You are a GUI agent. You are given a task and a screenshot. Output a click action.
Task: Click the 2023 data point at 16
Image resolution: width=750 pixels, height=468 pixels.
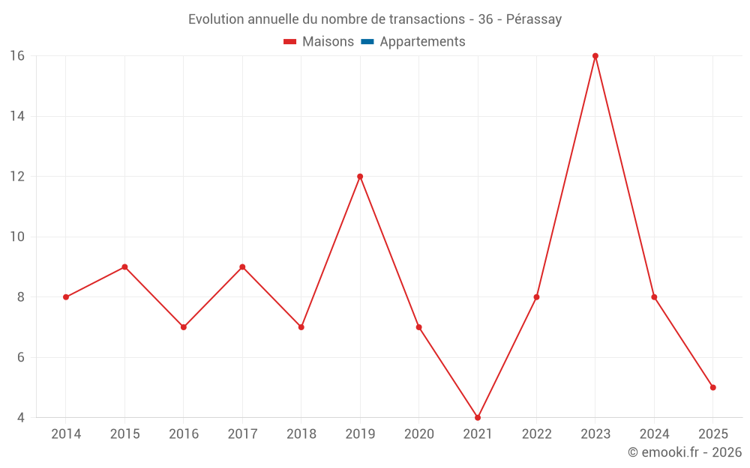(595, 56)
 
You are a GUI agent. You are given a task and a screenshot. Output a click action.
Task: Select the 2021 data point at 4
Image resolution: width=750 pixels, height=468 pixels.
(478, 417)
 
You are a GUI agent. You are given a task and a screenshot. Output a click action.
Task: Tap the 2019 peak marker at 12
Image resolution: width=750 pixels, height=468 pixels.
(360, 177)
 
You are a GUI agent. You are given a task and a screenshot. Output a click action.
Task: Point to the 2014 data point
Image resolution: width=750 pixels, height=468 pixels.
(66, 297)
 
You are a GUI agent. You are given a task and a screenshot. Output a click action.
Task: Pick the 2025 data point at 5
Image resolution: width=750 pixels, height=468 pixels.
(713, 387)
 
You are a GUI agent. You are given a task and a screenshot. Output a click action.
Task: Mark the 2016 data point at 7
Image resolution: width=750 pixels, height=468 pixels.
(184, 327)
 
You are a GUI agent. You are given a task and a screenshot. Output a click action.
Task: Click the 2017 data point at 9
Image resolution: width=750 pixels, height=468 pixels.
(242, 267)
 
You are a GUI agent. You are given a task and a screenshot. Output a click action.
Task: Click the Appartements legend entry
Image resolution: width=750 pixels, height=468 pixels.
(422, 42)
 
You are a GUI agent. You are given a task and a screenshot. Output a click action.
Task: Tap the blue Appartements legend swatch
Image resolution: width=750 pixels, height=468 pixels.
(367, 42)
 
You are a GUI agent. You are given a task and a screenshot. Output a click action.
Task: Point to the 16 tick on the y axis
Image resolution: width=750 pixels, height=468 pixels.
(17, 56)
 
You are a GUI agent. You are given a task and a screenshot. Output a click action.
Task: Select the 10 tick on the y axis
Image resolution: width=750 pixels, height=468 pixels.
(17, 237)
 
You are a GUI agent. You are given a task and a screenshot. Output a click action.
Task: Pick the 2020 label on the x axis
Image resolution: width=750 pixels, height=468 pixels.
(419, 434)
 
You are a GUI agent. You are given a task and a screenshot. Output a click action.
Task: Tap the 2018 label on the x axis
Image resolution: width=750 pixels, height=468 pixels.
(301, 434)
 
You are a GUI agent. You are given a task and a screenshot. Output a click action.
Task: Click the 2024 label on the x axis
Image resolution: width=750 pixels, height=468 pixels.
(654, 434)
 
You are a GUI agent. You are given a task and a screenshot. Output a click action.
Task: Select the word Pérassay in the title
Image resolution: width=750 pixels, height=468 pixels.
(534, 19)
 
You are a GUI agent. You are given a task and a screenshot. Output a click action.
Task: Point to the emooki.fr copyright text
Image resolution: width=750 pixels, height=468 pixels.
(685, 452)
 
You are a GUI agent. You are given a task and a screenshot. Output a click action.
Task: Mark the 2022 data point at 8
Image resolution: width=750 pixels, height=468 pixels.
(537, 297)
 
